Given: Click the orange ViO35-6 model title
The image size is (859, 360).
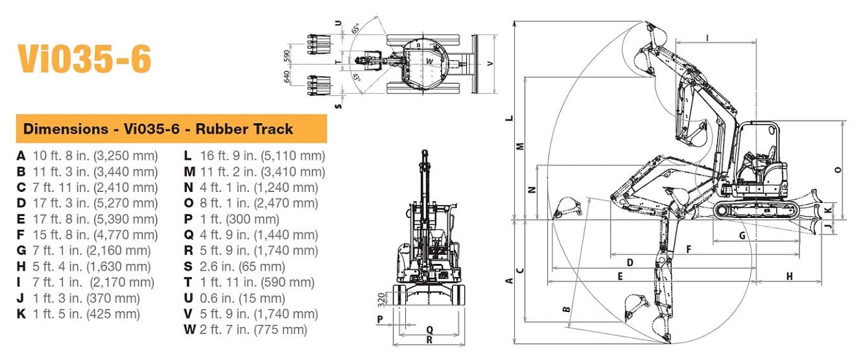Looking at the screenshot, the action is tap(84, 59).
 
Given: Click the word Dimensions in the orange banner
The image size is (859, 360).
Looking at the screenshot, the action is tap(65, 129).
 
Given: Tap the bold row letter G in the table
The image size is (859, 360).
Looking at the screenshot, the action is tap(21, 250).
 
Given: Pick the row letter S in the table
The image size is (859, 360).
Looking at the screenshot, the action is tap(188, 267).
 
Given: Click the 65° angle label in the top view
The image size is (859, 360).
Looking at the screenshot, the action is tap(355, 29).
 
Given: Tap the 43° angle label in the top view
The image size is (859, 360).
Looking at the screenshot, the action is tap(357, 78).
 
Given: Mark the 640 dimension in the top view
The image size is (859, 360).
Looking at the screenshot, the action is tap(287, 77).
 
